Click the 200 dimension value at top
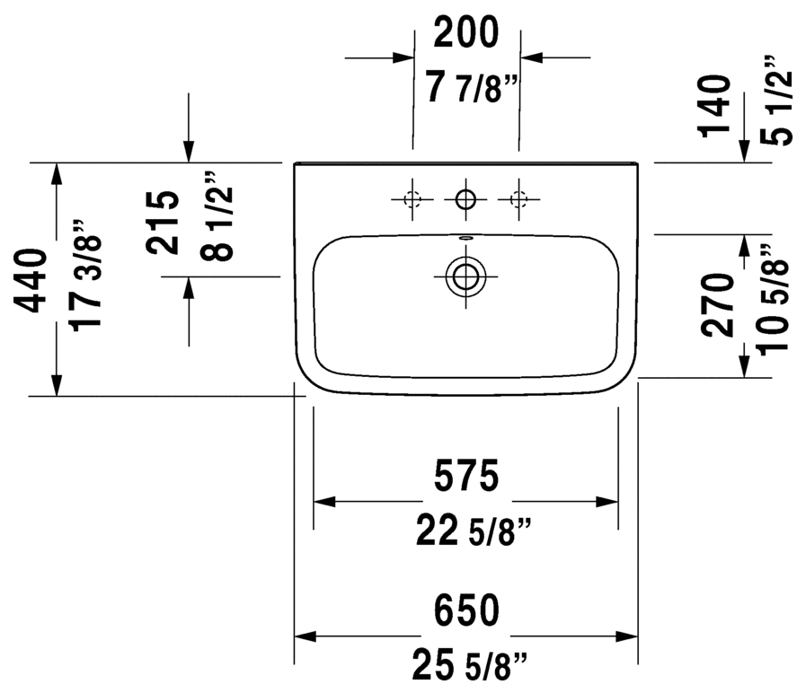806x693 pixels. [466, 33]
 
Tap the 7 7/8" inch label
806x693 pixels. [472, 87]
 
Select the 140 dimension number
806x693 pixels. [714, 106]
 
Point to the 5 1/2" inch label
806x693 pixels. [776, 101]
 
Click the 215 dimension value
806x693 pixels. [163, 223]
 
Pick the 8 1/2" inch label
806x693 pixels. [217, 216]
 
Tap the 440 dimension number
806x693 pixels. [31, 281]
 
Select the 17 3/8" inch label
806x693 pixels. [85, 276]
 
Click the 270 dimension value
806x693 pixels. [718, 305]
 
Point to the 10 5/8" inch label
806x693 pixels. [772, 300]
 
